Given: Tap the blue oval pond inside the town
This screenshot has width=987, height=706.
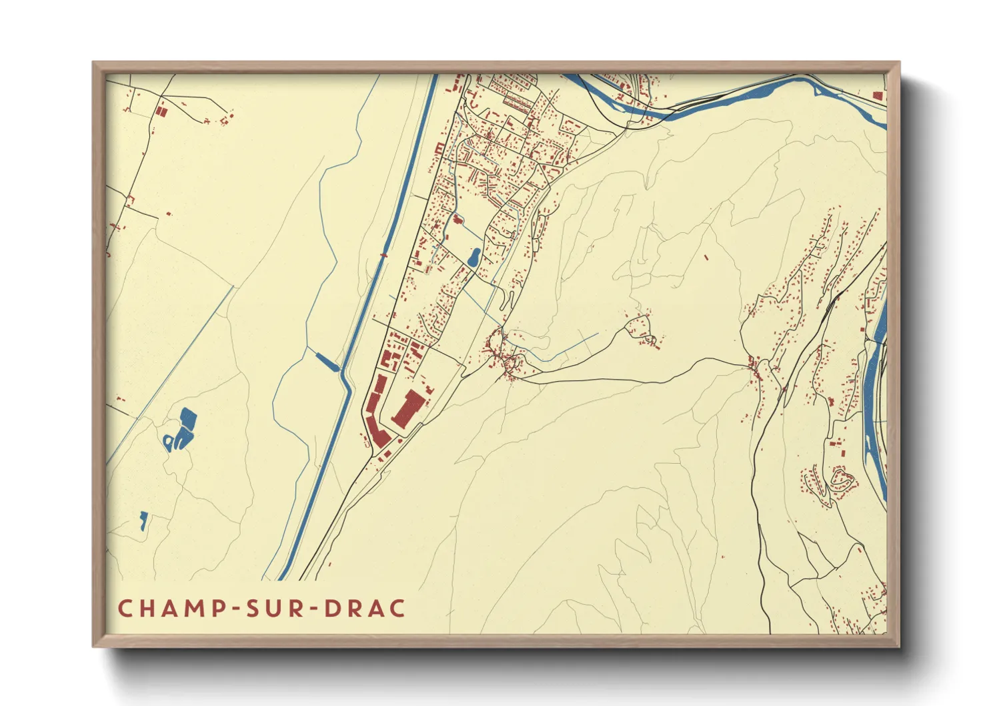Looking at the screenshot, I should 474,257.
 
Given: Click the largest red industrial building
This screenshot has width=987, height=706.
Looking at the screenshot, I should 408,408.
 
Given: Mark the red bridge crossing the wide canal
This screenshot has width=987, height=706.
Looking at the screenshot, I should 383,254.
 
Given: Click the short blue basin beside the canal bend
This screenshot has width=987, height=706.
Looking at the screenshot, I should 327,362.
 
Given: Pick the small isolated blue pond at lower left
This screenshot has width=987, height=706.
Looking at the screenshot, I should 143,520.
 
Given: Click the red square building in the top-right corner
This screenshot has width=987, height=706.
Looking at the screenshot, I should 878,95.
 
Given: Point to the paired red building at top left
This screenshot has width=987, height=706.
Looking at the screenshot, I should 160,111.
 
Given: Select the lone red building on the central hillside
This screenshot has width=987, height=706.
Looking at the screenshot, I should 706,257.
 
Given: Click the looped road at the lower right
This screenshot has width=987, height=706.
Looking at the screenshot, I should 842,477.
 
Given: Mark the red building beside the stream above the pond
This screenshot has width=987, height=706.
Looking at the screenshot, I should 457,219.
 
